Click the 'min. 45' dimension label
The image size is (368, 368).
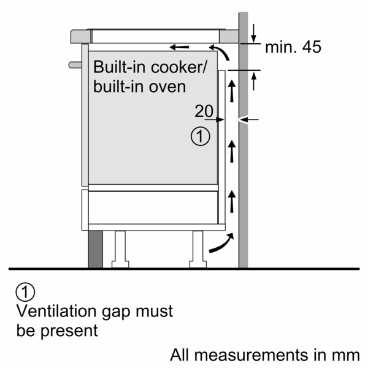293,47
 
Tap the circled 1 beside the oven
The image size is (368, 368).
201,136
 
